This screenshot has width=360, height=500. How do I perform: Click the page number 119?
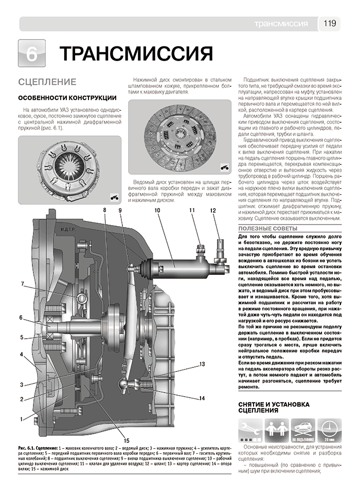[330, 24]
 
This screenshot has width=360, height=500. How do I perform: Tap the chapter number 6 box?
[31, 53]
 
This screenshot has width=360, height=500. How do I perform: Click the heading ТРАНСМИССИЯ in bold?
[136, 54]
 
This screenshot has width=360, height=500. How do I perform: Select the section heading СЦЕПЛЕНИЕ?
[47, 82]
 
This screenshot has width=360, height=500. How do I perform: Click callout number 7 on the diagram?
[23, 284]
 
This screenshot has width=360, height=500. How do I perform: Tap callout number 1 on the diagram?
[22, 419]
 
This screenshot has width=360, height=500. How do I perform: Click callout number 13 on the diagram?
[202, 364]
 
